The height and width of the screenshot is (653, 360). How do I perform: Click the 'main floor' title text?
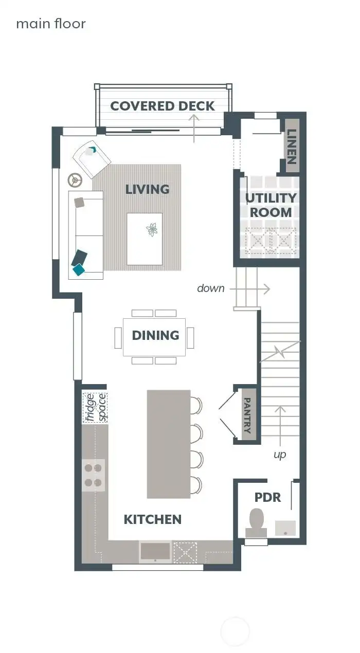pos(51,24)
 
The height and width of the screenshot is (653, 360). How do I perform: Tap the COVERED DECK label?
pos(163,106)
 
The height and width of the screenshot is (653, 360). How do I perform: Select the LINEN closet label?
pos(292,146)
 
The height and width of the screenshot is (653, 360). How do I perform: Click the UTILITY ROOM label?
pos(271,205)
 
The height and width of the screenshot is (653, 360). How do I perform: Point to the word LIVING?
pos(148,189)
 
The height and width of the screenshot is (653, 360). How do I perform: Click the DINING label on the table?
pos(155,335)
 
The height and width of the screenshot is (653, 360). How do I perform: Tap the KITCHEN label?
pos(153,519)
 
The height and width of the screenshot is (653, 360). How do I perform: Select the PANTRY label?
pos(248,415)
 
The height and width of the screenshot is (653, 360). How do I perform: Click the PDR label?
pos(268,497)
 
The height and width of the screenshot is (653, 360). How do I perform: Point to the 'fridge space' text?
pos(95,407)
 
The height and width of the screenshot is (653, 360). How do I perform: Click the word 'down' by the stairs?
pos(211,288)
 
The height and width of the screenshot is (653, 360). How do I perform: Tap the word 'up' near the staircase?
pos(280,455)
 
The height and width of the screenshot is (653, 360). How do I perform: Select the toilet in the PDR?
pos(257,519)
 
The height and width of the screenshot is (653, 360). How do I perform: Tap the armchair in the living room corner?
pos(91,157)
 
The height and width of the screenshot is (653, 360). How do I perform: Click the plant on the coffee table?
pos(152,229)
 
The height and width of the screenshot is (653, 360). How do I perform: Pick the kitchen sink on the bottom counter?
pos(155,551)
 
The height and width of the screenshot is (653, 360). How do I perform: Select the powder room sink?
pos(285,527)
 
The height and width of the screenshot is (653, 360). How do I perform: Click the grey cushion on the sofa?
pos(79,202)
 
